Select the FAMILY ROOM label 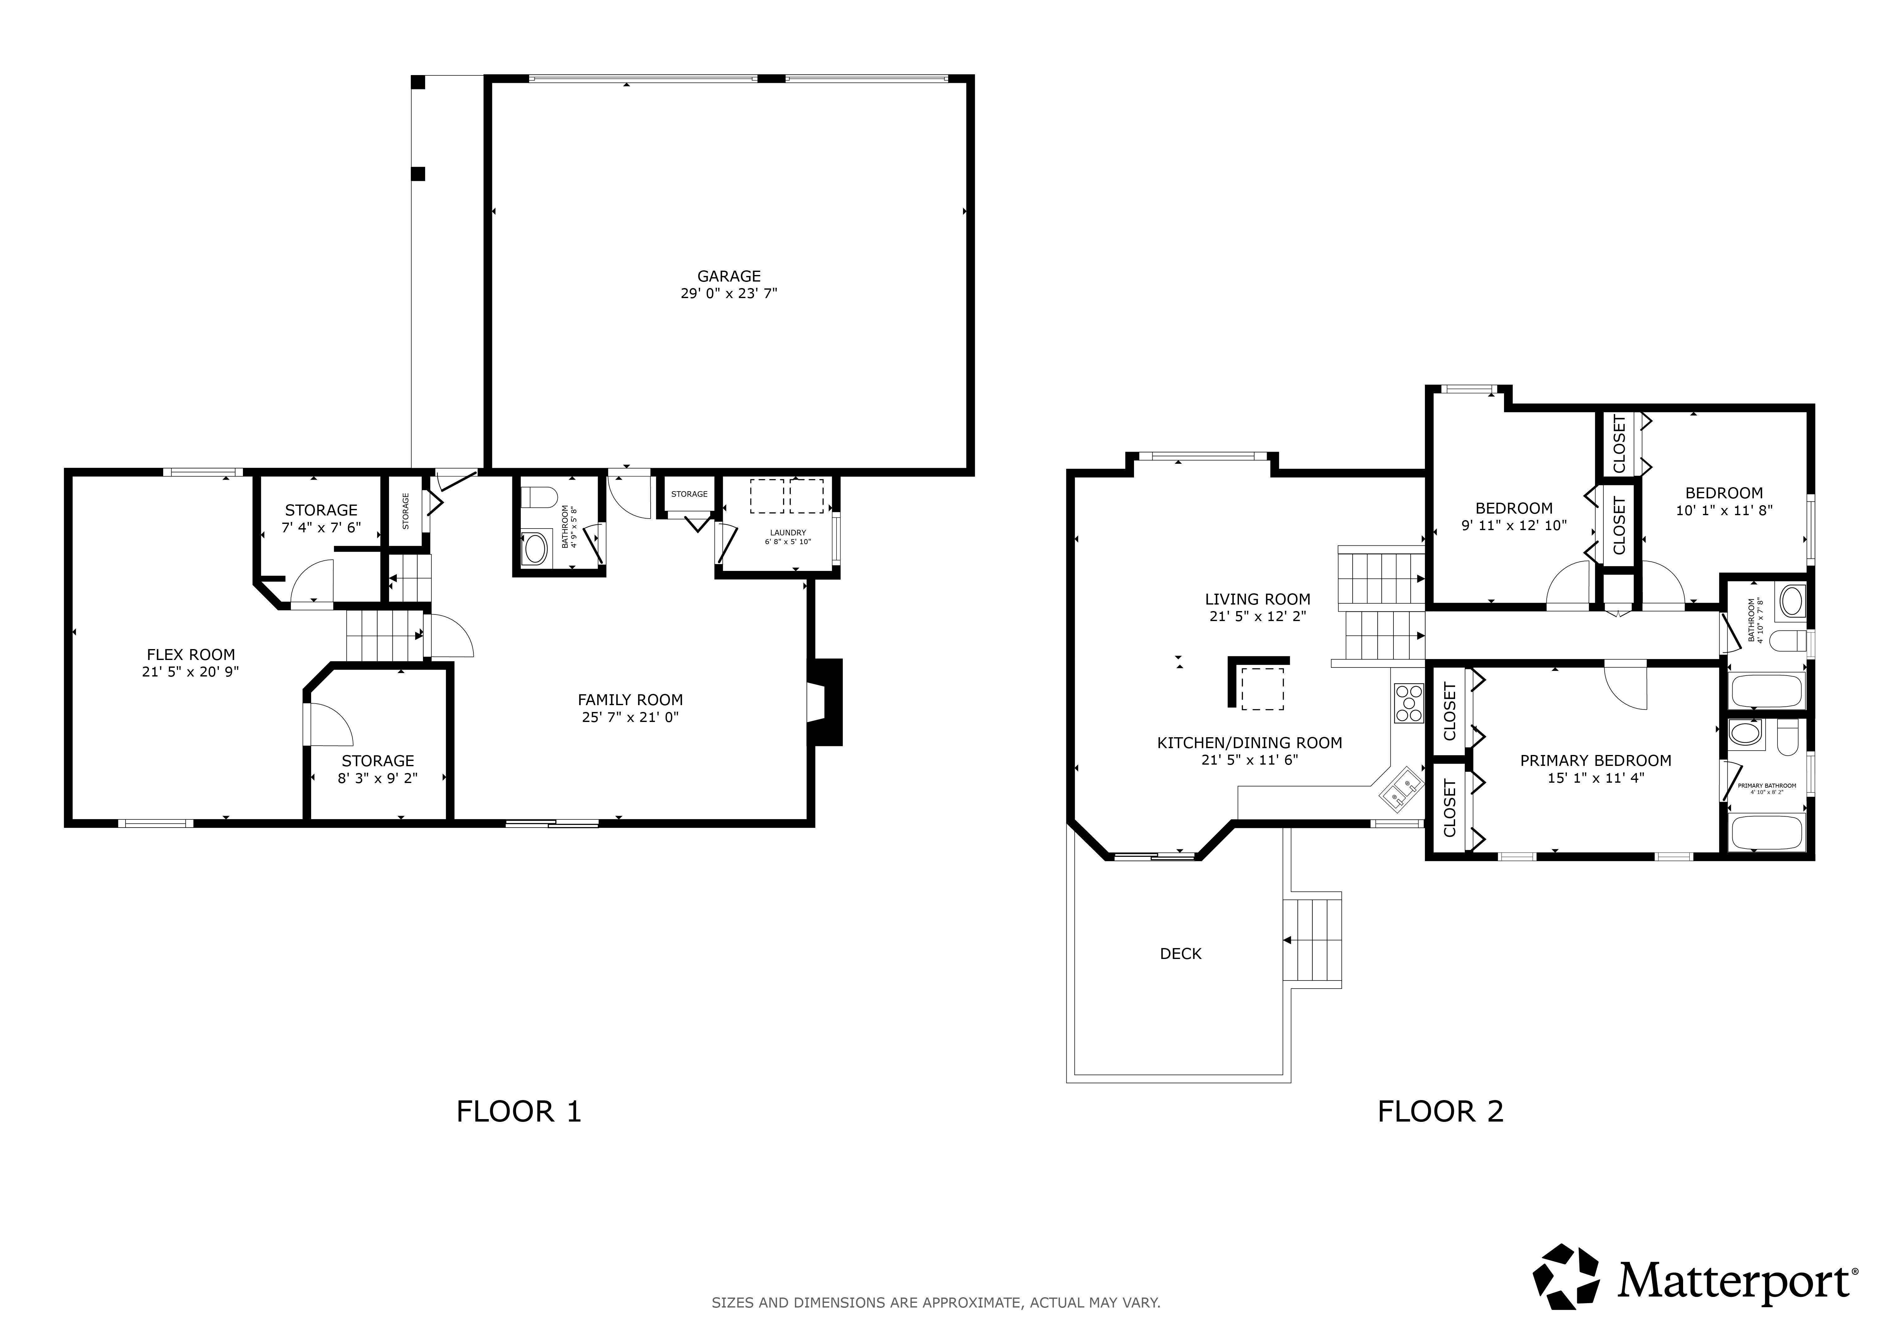[630, 700]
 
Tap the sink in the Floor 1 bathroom [535, 548]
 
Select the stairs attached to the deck [1312, 940]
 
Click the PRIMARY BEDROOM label [1595, 760]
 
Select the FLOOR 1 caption [519, 1111]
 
